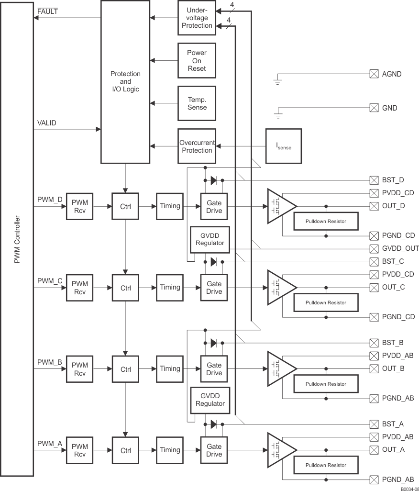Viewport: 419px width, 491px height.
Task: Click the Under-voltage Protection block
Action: tap(197, 18)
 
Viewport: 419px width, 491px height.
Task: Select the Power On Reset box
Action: tap(197, 61)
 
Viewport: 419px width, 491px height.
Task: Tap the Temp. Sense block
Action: tap(197, 103)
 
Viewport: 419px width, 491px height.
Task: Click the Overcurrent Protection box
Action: tap(197, 146)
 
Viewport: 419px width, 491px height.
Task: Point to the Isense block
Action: tap(284, 146)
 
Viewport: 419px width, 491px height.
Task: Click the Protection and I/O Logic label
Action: tap(125, 81)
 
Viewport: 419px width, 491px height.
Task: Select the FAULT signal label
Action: tap(47, 11)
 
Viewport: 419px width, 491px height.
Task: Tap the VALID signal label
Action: tap(46, 123)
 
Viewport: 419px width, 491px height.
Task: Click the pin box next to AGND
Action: tap(374, 74)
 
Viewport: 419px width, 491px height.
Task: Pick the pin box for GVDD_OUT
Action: tap(374, 248)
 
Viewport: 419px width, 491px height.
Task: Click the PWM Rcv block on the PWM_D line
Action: tap(79, 206)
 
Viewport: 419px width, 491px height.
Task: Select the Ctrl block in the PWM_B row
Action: tap(125, 369)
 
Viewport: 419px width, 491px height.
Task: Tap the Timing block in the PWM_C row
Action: tap(170, 288)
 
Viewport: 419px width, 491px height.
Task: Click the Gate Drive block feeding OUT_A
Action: tap(214, 450)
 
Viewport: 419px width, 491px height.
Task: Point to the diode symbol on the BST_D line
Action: tap(214, 181)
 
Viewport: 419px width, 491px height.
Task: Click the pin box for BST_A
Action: tap(374, 424)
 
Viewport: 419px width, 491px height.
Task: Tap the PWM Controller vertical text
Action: tap(17, 239)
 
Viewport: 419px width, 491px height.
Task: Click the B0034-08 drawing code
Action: tap(409, 488)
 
